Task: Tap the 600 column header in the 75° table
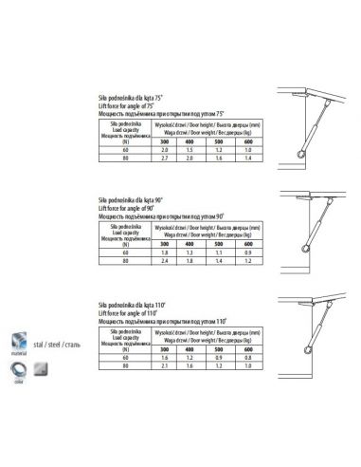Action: [247, 141]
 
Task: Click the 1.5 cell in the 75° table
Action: [190, 150]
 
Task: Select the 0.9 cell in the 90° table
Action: [247, 253]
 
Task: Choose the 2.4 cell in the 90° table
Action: [165, 262]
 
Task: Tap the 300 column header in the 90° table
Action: [165, 245]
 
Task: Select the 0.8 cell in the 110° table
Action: [247, 358]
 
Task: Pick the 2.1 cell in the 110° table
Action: [165, 366]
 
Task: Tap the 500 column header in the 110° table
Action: [219, 349]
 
